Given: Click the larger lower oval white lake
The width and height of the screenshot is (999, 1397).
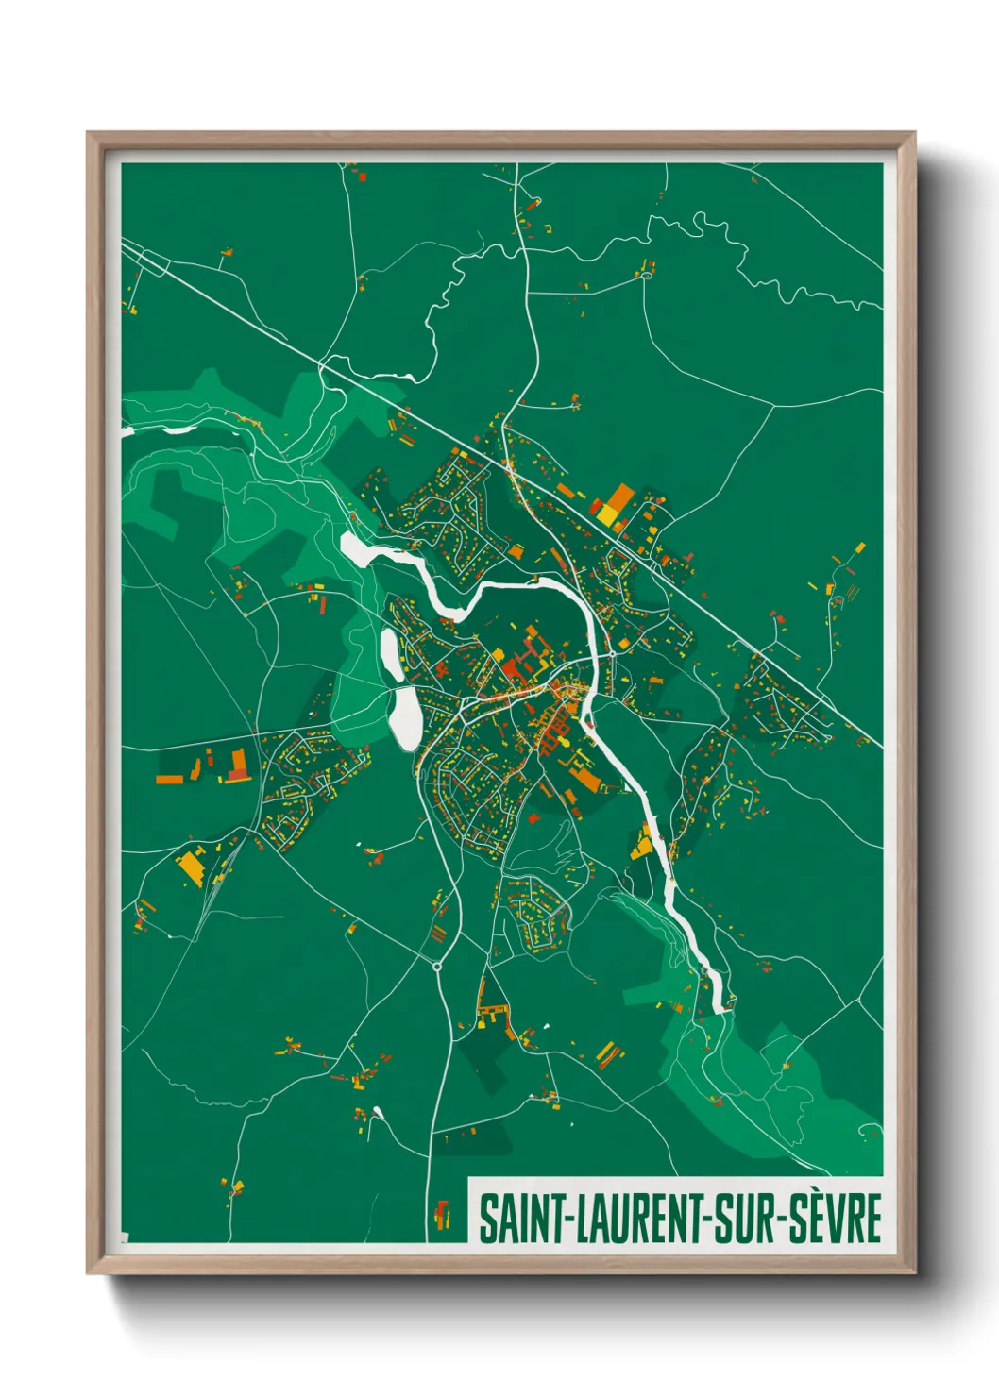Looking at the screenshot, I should tap(404, 718).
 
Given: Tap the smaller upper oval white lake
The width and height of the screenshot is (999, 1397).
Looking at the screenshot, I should tap(389, 653).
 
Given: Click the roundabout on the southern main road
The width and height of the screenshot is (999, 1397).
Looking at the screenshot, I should tap(437, 966).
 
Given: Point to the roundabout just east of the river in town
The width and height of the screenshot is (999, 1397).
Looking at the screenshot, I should tap(611, 653).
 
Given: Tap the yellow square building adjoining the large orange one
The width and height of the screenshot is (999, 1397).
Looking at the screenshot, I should tap(605, 515).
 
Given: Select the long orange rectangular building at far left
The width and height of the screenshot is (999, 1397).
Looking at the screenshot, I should tap(170, 779).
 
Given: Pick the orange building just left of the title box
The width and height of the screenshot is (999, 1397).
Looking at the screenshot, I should tap(441, 1213).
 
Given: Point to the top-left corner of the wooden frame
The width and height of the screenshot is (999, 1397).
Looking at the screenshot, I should tap(88, 133).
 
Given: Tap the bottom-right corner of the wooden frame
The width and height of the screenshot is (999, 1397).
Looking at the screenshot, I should tap(914, 1273).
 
